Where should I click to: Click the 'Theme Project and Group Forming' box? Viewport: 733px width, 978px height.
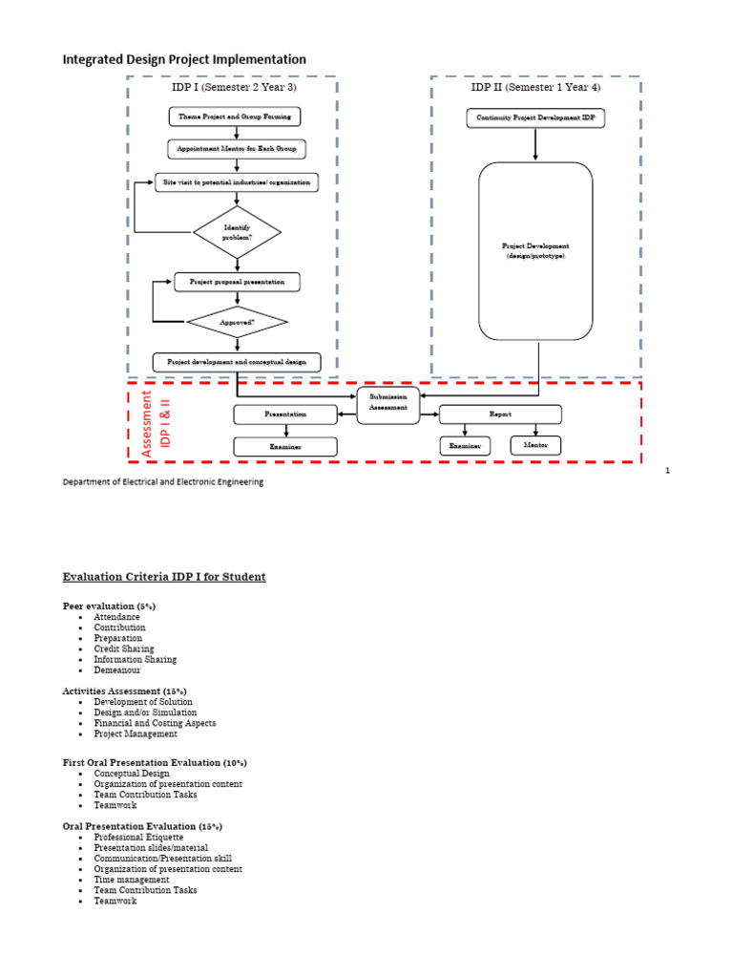(236, 117)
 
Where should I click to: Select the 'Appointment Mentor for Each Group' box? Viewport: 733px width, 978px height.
(236, 149)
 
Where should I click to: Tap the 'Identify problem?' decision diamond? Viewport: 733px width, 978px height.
(237, 232)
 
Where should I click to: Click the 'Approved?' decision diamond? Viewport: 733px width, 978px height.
(237, 323)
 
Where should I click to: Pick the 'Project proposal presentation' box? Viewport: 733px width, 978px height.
(237, 282)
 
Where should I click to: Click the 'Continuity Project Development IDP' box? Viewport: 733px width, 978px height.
(535, 118)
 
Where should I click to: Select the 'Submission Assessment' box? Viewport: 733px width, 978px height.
(388, 402)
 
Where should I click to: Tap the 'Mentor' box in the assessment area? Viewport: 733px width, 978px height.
(535, 445)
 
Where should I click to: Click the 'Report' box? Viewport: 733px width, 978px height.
(500, 415)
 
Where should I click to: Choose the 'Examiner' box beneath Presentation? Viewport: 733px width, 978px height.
(285, 446)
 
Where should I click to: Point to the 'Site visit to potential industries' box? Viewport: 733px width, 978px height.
(237, 181)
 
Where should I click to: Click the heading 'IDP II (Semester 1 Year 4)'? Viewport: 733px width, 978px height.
(535, 87)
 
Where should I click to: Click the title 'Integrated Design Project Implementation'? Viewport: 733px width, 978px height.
(184, 59)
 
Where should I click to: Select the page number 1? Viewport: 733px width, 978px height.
(668, 471)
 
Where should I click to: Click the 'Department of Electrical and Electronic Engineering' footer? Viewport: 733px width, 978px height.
(163, 482)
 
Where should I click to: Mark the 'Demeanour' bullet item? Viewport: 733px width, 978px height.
(116, 670)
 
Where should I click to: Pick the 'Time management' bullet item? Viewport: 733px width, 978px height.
(132, 880)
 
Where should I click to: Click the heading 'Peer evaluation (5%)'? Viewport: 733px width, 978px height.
(109, 606)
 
